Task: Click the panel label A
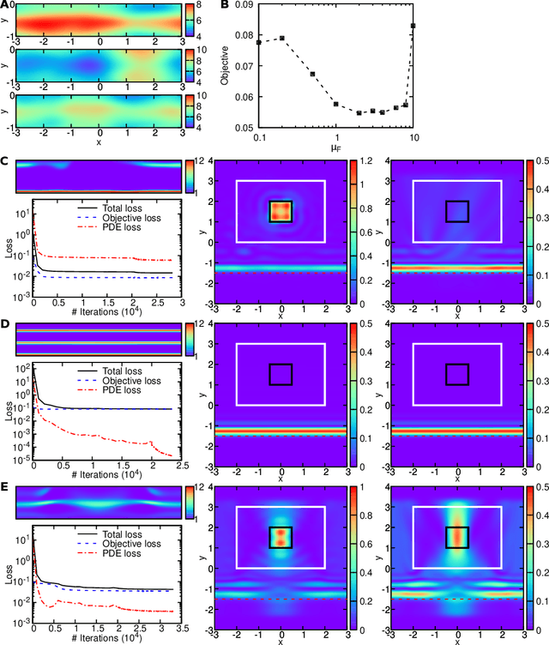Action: coord(5,5)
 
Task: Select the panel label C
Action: coord(5,160)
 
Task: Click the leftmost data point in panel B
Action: coord(258,42)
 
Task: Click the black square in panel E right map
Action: coord(457,537)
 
